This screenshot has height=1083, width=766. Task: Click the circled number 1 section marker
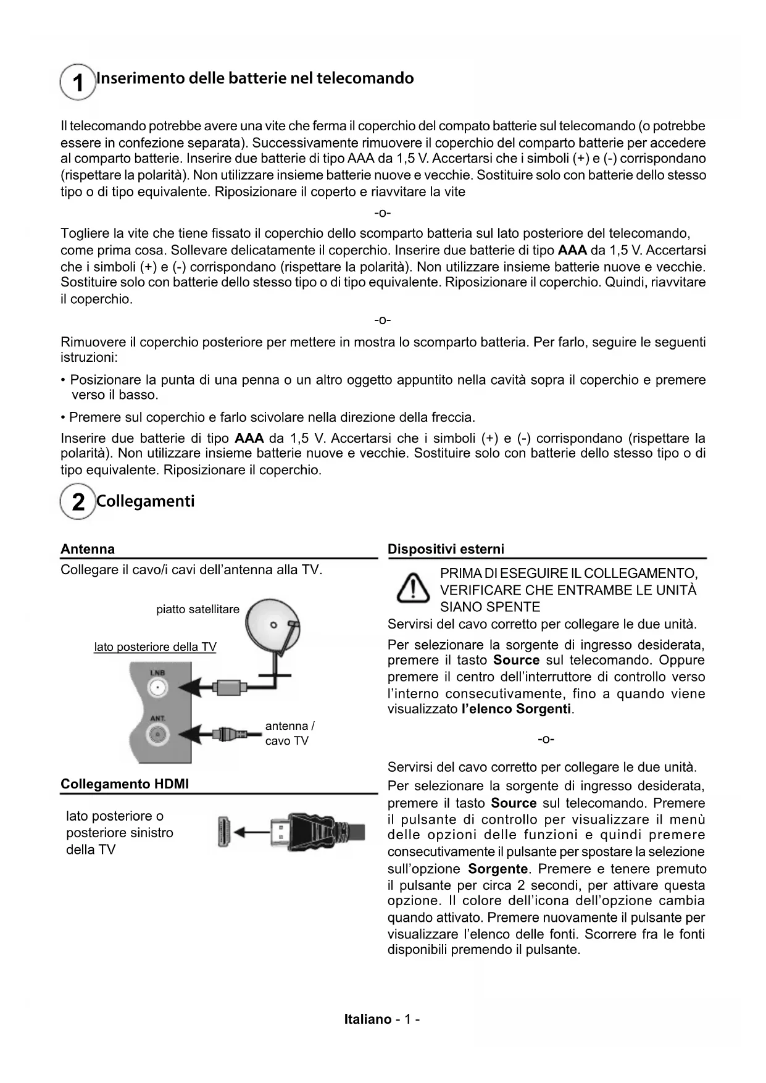click(x=78, y=82)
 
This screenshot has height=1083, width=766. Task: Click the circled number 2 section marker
click(x=78, y=501)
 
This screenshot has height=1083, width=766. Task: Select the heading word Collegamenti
click(x=146, y=501)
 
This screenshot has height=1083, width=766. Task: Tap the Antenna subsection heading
click(x=88, y=549)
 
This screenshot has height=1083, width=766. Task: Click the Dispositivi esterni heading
click(x=446, y=549)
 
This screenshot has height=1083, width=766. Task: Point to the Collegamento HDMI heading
click(x=125, y=784)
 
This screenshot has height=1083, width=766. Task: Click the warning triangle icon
click(x=413, y=588)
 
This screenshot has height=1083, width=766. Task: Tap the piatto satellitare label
click(x=198, y=609)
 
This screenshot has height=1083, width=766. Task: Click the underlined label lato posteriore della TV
click(x=155, y=646)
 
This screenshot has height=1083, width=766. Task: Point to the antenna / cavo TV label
click(x=289, y=734)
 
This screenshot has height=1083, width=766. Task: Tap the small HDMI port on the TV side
click(x=223, y=832)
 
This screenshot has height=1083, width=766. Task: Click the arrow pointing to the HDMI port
click(x=251, y=832)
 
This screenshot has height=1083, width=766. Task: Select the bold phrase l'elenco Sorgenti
click(x=517, y=709)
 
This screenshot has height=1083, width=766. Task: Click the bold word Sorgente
click(x=497, y=869)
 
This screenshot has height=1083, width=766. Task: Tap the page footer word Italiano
click(x=368, y=1019)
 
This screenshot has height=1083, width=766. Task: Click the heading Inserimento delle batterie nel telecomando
click(x=255, y=78)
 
